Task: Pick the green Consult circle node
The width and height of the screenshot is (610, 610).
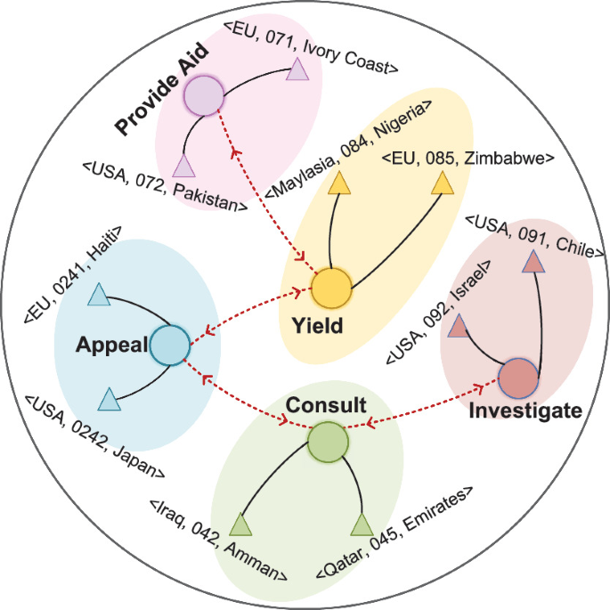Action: point(328,443)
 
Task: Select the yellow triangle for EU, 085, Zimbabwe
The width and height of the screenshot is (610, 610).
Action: point(441,183)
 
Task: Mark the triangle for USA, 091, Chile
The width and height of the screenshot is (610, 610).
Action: point(533,261)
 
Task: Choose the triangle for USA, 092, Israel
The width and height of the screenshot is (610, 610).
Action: point(458,328)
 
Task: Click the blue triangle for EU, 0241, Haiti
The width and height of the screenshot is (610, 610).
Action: point(101,296)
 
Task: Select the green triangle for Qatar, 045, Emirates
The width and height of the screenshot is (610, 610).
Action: point(362,525)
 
